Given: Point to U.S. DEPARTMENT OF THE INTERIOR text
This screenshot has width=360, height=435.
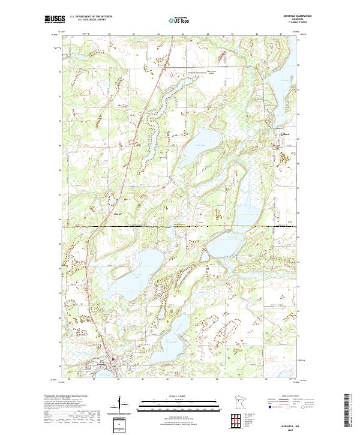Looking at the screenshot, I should pyautogui.click(x=91, y=17).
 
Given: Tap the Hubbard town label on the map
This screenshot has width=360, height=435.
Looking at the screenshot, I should pyautogui.click(x=286, y=134).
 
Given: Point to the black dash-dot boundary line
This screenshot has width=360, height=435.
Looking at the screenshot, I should pyautogui.click(x=180, y=227).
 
